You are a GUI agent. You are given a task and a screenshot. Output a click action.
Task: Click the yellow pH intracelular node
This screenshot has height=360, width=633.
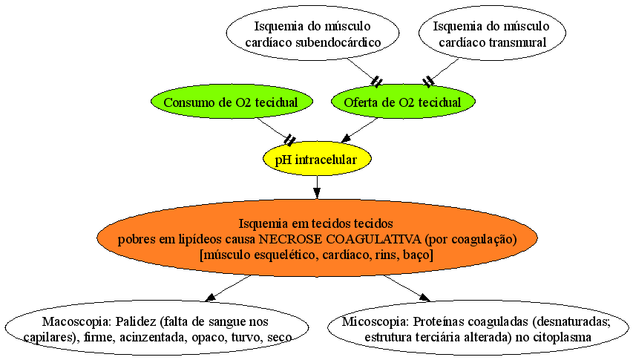[317, 159]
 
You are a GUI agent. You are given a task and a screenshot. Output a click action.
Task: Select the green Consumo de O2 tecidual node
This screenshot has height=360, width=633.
[232, 101]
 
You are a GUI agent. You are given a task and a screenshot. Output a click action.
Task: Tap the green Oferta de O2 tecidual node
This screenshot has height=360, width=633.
[403, 101]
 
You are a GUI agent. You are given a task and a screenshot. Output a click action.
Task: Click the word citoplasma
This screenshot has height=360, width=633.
[563, 337]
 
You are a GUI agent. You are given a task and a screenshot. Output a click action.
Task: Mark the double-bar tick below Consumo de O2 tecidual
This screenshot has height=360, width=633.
[289, 140]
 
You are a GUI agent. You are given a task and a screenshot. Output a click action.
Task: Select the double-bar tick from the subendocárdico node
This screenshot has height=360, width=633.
[376, 82]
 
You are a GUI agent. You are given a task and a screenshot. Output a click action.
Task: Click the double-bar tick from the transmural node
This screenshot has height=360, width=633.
[428, 82]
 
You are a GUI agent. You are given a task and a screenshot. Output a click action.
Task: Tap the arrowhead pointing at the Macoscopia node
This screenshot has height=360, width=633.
[210, 298]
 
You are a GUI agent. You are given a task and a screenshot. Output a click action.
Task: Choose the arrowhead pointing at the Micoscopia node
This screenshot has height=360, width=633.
[424, 298]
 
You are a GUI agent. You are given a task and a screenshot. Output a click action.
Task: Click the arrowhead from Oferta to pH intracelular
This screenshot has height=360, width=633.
[347, 138]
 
